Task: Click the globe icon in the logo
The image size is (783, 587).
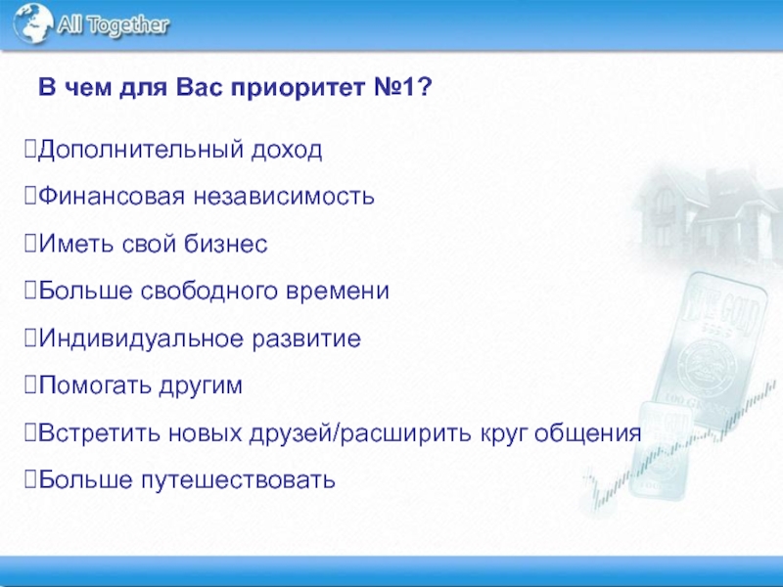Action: pyautogui.click(x=33, y=23)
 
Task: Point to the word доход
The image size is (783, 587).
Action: pyautogui.click(x=287, y=150)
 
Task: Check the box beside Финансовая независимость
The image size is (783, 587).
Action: pyautogui.click(x=30, y=196)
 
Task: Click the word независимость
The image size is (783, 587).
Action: pyautogui.click(x=284, y=197)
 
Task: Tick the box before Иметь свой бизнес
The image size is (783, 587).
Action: pyautogui.click(x=30, y=243)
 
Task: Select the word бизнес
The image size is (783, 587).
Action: pyautogui.click(x=226, y=243)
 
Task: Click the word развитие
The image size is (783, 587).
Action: pyautogui.click(x=306, y=339)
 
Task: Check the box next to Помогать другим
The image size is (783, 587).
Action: pyautogui.click(x=30, y=384)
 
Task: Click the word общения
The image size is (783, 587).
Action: pyautogui.click(x=587, y=432)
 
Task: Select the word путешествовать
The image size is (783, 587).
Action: pyautogui.click(x=238, y=479)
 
